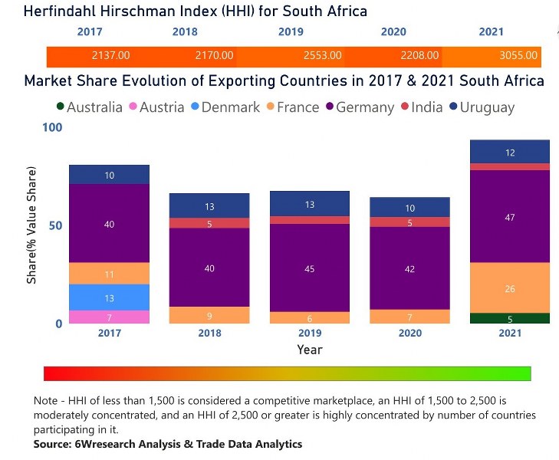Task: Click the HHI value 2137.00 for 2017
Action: click(111, 56)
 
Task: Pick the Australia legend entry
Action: click(88, 107)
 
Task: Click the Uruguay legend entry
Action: click(482, 107)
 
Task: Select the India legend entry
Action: click(421, 107)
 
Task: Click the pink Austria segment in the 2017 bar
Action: click(109, 317)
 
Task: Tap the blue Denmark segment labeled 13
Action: click(109, 297)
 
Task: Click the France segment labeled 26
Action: click(509, 288)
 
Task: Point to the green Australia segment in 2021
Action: click(509, 318)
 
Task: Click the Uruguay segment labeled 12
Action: click(509, 152)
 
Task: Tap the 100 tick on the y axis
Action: click(52, 127)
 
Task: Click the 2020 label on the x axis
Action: click(409, 333)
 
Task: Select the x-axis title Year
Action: click(310, 350)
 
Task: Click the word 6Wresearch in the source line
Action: click(109, 444)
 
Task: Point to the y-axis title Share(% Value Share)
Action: click(32, 229)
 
